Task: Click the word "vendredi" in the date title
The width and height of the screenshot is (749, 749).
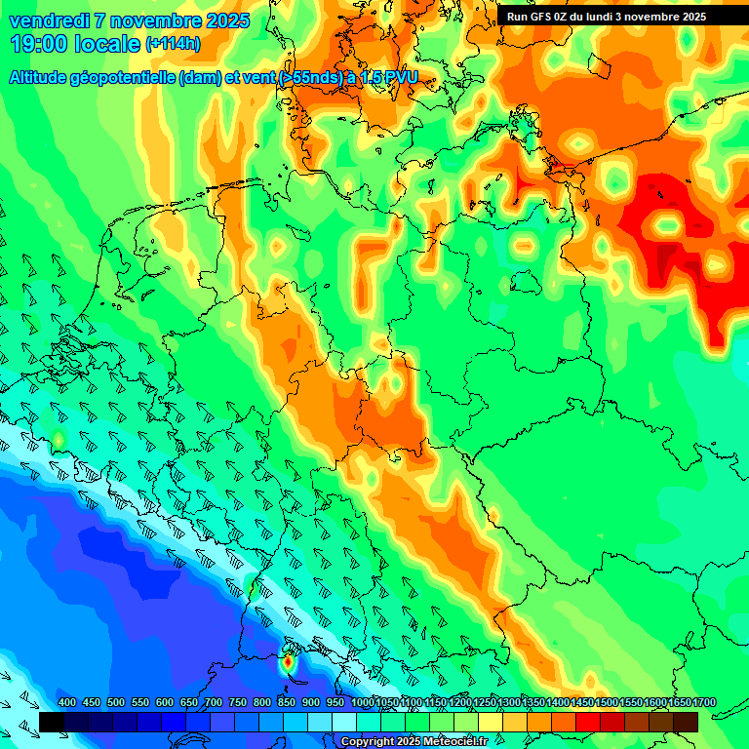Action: [48, 20]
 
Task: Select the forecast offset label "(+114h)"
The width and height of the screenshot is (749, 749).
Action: [173, 44]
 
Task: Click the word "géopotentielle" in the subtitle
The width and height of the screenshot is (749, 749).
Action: [126, 78]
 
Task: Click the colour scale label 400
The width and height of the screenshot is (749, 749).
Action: [67, 702]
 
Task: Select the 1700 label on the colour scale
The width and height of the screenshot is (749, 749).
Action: [679, 702]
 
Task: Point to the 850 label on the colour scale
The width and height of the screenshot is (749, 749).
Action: [287, 702]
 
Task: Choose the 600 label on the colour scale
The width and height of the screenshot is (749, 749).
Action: [165, 702]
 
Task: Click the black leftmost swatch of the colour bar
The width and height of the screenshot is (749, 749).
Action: [52, 722]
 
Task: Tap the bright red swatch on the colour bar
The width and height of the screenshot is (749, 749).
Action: [588, 722]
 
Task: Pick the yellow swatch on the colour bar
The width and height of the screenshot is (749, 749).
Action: [491, 722]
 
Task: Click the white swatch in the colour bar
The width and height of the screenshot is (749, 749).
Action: [344, 722]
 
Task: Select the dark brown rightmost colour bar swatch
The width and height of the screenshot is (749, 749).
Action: [686, 722]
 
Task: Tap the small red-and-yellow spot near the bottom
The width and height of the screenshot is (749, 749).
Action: [288, 663]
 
